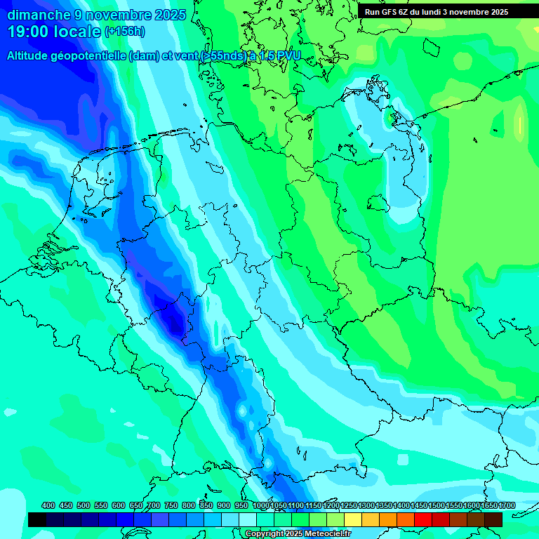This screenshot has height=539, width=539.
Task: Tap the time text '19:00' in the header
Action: (x=29, y=32)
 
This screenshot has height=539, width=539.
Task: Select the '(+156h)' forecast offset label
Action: (x=125, y=32)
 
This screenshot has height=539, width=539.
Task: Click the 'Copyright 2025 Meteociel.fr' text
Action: (x=298, y=534)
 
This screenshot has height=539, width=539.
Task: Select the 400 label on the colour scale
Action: (x=48, y=505)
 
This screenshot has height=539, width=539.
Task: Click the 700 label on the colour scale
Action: (x=153, y=505)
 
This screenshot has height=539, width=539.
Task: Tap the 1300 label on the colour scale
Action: (x=366, y=505)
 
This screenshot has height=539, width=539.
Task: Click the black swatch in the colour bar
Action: (x=37, y=519)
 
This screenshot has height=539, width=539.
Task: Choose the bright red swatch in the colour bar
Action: (x=423, y=519)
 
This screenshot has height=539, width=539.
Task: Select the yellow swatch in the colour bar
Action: (x=353, y=519)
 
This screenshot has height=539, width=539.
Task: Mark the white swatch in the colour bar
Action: (x=248, y=519)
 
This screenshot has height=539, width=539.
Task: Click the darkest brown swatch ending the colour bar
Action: (x=493, y=519)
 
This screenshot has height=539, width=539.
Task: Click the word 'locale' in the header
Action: (x=80, y=32)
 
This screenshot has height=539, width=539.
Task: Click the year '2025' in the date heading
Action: (x=169, y=14)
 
